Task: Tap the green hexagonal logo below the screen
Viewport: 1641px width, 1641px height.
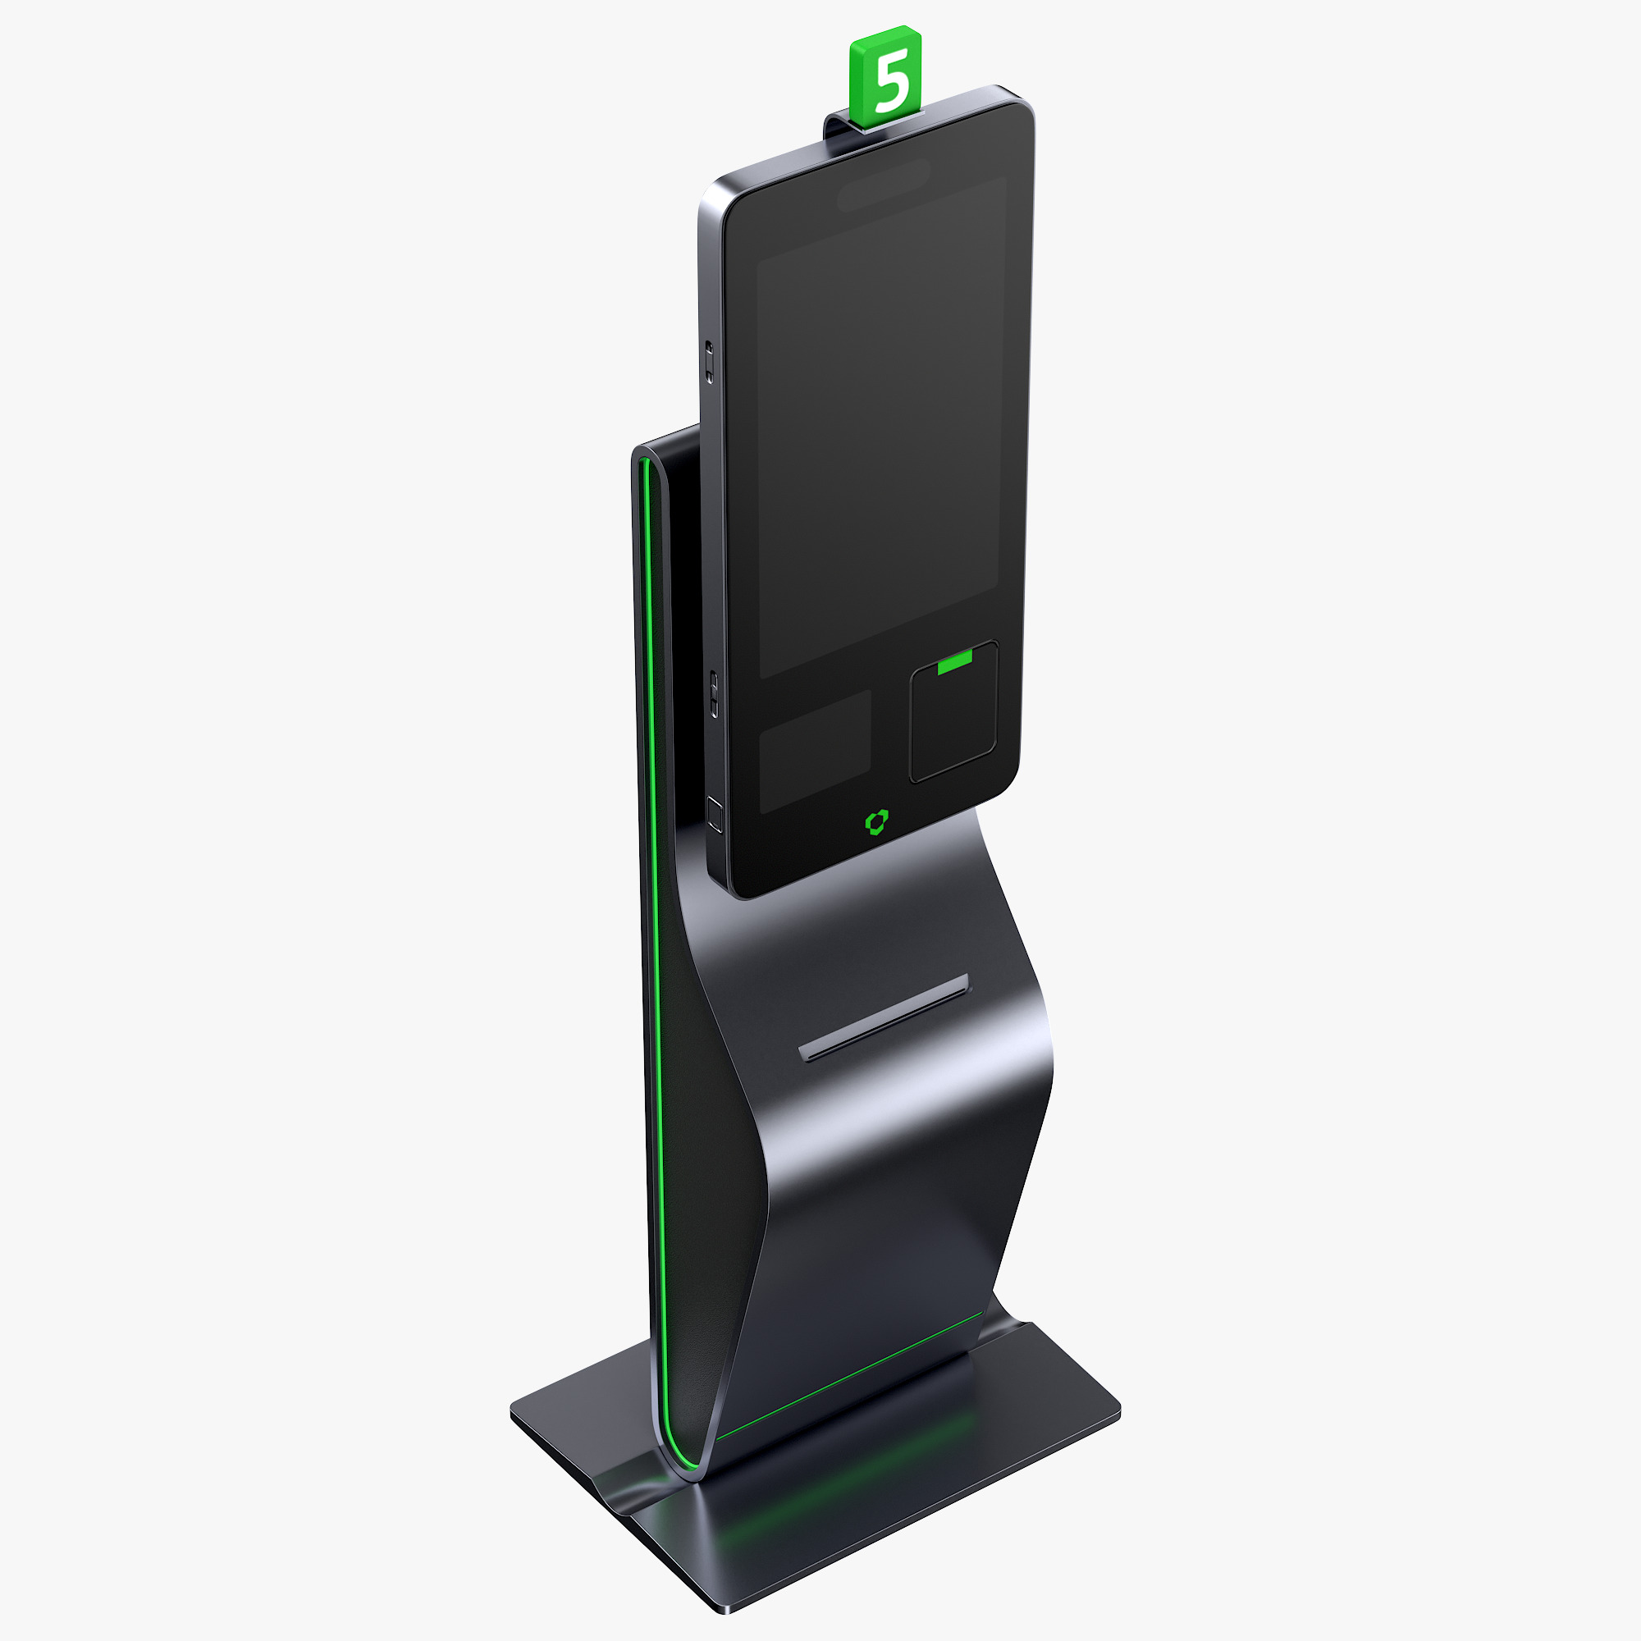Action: (x=876, y=821)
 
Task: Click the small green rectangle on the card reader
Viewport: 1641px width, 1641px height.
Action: (x=955, y=661)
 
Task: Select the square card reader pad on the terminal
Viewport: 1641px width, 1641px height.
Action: (x=953, y=714)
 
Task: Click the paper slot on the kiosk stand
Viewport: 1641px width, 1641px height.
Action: (x=884, y=1017)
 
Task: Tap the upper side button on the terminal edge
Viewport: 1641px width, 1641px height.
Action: (x=709, y=361)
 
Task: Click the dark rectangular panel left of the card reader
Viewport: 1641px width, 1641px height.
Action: (x=815, y=751)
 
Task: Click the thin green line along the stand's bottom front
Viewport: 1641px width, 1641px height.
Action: (x=849, y=1377)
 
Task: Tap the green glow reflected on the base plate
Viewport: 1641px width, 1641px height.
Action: (x=849, y=1478)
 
